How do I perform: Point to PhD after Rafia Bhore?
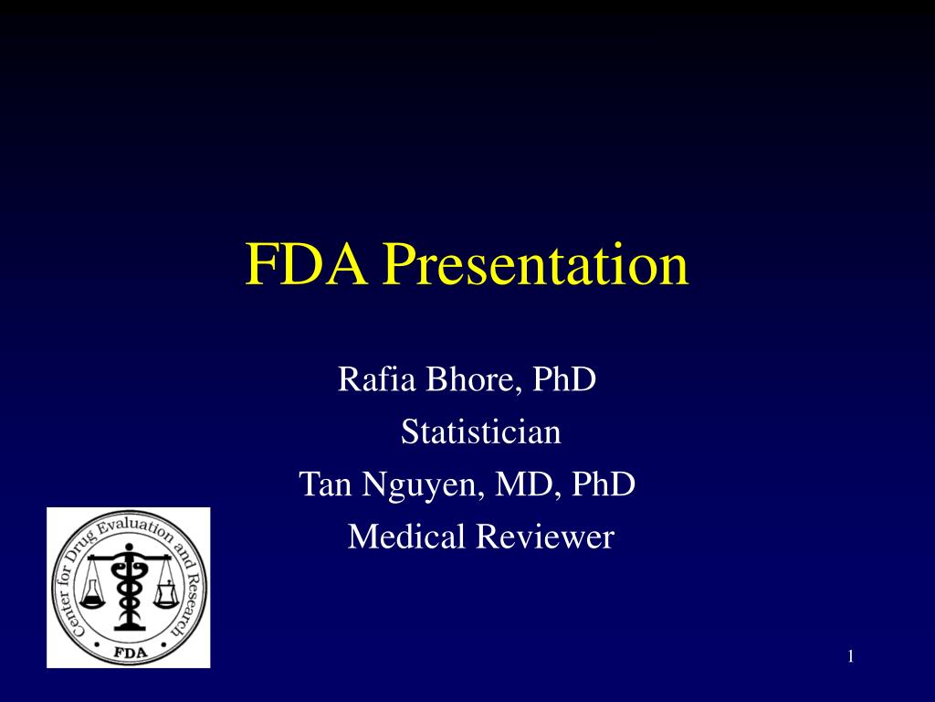[x=564, y=378]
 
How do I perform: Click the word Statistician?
[x=481, y=431]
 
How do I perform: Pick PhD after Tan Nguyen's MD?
[x=603, y=484]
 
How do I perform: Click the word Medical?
[x=406, y=537]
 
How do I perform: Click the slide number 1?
[x=850, y=655]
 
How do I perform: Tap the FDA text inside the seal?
[x=129, y=651]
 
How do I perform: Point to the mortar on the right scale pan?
[x=165, y=595]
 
